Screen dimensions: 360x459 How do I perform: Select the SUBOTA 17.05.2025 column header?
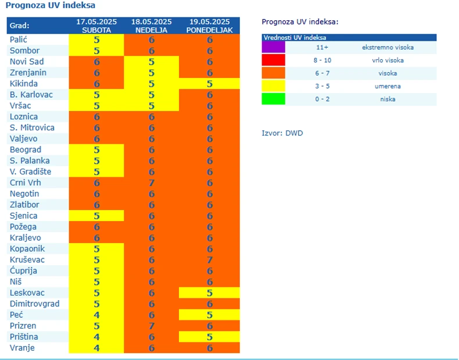tap(96, 26)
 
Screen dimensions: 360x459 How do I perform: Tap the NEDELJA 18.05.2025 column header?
tap(151, 26)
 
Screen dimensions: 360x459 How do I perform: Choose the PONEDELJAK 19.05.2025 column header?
tap(209, 26)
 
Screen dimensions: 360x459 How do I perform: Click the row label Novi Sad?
tap(27, 61)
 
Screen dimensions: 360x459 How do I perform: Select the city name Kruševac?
tap(27, 259)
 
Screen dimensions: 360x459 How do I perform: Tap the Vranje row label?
tap(23, 348)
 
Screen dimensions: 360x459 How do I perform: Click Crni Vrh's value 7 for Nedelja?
tap(152, 183)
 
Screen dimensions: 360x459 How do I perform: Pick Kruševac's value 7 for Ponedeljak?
tap(209, 259)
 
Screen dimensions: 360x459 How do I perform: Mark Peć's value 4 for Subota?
tap(96, 315)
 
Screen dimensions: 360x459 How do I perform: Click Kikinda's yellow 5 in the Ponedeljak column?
tap(209, 83)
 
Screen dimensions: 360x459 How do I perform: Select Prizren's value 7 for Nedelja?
tap(152, 326)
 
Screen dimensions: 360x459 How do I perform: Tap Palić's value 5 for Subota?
tap(96, 40)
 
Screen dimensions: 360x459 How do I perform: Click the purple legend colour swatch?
tap(274, 47)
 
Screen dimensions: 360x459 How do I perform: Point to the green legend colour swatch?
tap(274, 99)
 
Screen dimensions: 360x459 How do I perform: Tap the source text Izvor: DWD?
tap(282, 133)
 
